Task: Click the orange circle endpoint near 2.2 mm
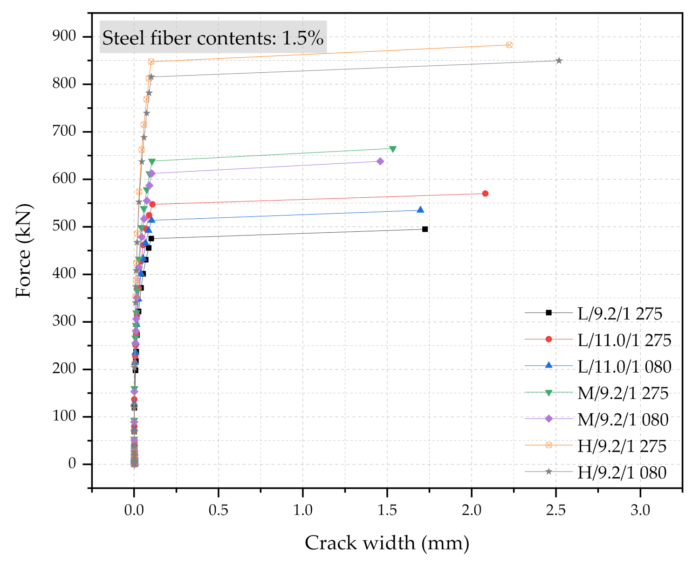(x=509, y=45)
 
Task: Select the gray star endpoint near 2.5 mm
(x=559, y=61)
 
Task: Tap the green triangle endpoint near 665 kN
(x=393, y=149)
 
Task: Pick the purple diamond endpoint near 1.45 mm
(x=380, y=161)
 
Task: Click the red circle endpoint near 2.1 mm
(x=485, y=194)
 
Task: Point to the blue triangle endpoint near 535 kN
(x=420, y=210)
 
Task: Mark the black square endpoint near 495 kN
(x=425, y=229)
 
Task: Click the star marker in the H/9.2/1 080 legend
(x=548, y=472)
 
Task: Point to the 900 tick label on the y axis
(x=64, y=36)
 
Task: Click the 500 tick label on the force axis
(x=64, y=226)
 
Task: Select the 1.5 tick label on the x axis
(x=387, y=510)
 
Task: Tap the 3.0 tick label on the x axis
(x=640, y=510)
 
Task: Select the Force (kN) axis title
(x=23, y=250)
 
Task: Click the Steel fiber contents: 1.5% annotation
(x=213, y=38)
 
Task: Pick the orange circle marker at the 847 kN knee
(x=151, y=62)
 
